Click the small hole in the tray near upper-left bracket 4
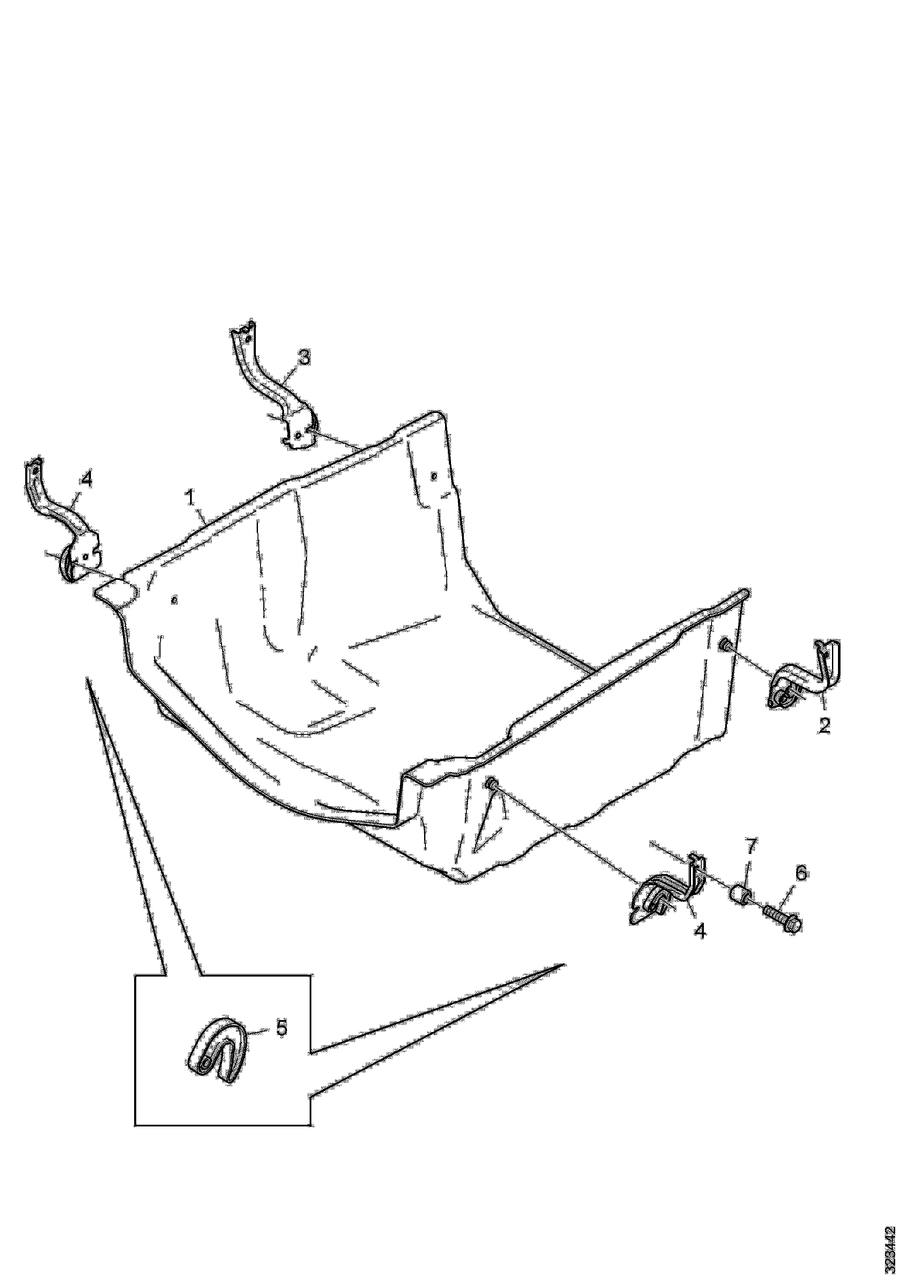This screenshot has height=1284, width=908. pyautogui.click(x=175, y=600)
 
